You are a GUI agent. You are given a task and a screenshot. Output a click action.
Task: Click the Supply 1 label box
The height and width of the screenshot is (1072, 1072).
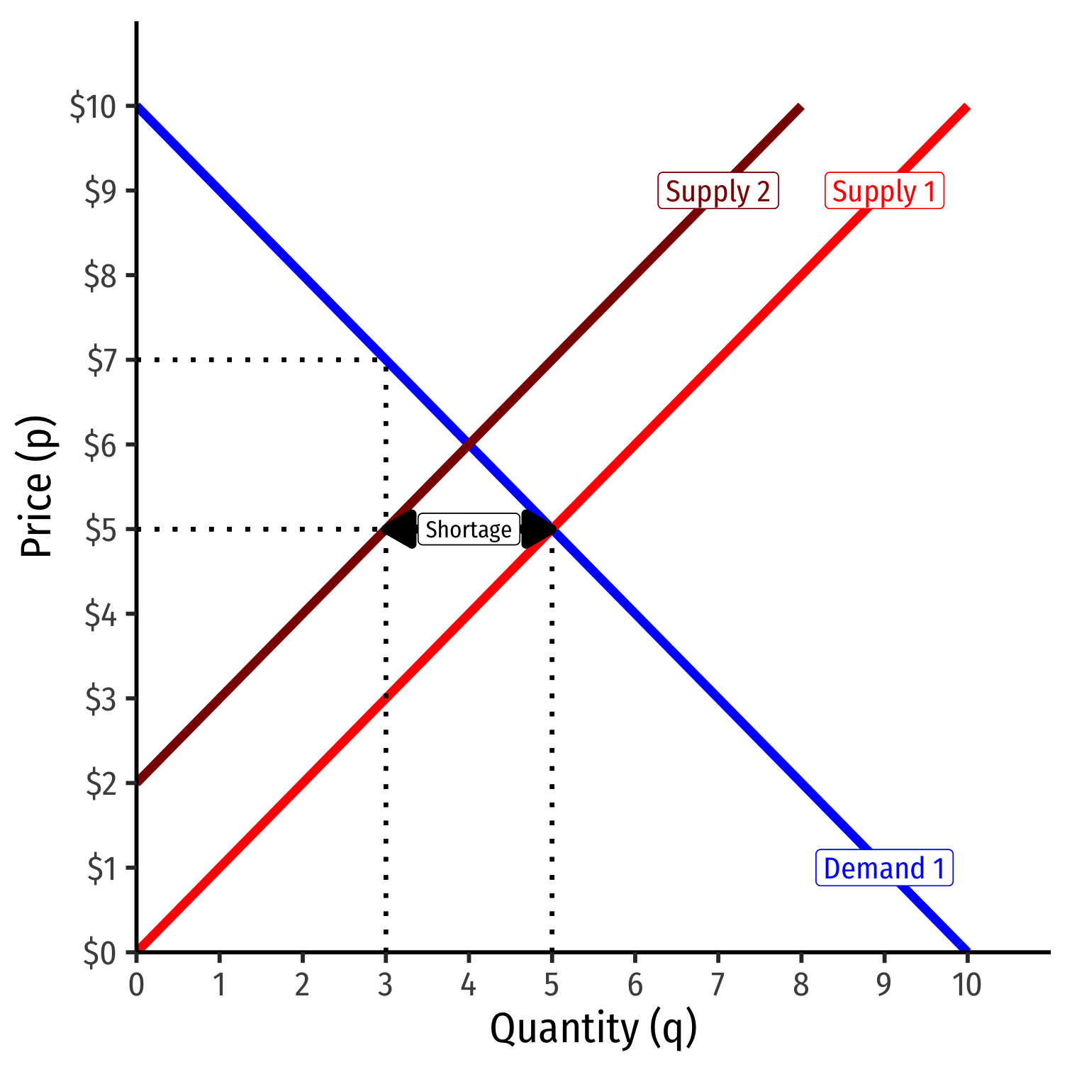pos(884,191)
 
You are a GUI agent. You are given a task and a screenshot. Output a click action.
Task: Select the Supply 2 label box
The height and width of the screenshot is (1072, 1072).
pos(718,191)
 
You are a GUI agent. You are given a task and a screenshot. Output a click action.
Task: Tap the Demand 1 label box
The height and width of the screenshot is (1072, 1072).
pos(884,868)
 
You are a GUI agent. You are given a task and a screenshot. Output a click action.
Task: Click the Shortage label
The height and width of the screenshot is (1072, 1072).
pos(469,530)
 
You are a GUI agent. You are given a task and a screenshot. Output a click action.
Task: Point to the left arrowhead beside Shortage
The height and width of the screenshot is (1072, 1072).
pos(400,530)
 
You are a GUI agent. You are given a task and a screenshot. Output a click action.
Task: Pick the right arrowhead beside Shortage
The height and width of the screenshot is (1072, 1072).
pos(537,530)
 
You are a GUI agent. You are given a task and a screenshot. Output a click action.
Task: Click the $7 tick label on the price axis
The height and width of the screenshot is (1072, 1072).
pos(101,361)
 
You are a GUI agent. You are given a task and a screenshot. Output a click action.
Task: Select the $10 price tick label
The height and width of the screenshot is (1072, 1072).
pos(92,107)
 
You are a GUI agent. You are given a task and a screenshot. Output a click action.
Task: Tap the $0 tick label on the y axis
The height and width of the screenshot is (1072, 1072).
pos(100,954)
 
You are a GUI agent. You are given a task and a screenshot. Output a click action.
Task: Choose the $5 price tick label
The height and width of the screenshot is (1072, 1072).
pos(101,530)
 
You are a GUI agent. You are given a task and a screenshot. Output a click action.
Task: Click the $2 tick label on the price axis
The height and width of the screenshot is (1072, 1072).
pos(101,784)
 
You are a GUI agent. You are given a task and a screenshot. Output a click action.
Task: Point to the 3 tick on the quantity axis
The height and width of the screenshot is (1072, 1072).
pos(385,984)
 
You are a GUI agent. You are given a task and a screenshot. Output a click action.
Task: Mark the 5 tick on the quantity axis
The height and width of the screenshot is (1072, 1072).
pos(552,984)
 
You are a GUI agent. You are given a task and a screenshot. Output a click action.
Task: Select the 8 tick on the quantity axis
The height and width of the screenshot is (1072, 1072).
pos(800,984)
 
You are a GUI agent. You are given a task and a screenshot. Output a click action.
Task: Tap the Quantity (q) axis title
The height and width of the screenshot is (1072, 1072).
pos(593,1029)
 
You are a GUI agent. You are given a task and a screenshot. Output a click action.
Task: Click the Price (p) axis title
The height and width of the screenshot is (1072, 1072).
pos(37,487)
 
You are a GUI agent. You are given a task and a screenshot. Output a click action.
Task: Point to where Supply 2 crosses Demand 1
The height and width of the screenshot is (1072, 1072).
pos(469,445)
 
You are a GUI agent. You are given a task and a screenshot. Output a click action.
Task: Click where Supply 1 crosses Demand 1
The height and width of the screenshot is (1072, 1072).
pos(552,529)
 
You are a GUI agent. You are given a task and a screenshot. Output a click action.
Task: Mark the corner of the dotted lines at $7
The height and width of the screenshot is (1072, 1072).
pos(385,360)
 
